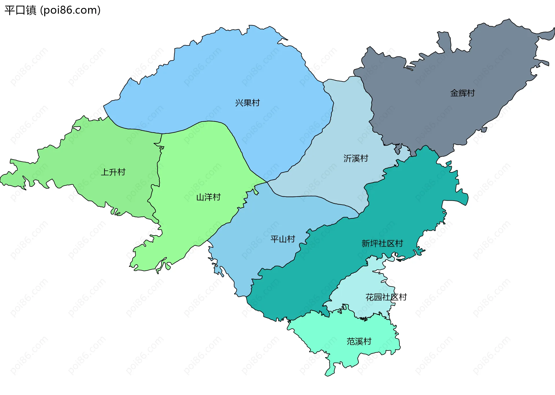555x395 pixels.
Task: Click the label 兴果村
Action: (x=247, y=103)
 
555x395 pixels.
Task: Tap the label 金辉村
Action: (x=462, y=93)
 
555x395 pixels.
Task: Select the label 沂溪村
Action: (x=356, y=158)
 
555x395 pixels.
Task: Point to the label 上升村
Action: (x=113, y=172)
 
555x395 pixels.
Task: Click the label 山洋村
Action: (x=208, y=197)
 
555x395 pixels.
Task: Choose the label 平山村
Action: (x=283, y=239)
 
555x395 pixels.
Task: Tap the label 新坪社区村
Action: (x=382, y=243)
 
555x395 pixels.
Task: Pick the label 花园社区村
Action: (x=386, y=297)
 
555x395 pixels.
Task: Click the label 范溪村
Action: (x=359, y=341)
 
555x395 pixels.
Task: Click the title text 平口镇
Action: (x=20, y=10)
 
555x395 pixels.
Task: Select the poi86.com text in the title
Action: (x=70, y=10)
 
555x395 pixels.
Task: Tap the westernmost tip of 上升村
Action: (x=1, y=179)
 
